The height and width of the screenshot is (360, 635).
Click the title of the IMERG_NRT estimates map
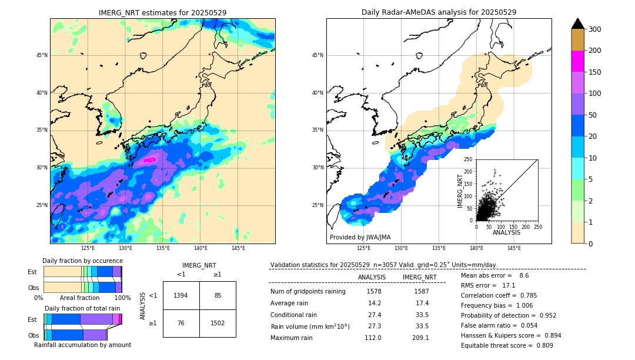coord(162,12)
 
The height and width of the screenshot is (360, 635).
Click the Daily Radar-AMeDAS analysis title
coord(439,12)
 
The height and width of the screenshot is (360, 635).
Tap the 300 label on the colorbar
coord(595,29)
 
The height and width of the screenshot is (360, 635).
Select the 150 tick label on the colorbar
coord(595,72)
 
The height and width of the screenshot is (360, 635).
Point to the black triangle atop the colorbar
coord(578,23)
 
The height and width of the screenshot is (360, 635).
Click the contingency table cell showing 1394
coord(181,295)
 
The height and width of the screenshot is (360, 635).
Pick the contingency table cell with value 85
coord(218,295)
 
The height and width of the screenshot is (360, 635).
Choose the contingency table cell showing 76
coord(181,323)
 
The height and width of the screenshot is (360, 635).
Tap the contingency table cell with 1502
coord(218,323)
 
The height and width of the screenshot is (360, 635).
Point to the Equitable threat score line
coord(507,345)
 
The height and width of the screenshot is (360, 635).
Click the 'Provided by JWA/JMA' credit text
coord(360,237)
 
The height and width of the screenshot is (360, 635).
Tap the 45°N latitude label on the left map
coord(42,55)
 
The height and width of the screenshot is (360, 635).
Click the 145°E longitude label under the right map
coord(514,248)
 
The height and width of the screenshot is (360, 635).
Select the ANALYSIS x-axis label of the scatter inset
coord(506,232)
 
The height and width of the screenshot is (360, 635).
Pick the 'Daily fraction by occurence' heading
coord(82,261)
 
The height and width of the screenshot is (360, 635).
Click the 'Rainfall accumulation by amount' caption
coord(82,345)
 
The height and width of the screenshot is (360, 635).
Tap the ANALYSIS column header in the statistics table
coord(372,277)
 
